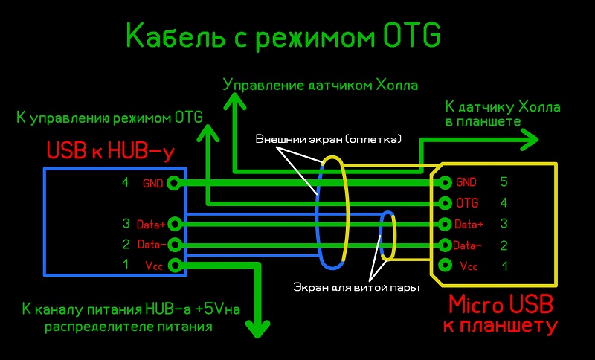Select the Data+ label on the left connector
pyautogui.click(x=152, y=223)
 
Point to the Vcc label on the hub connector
pyautogui.click(x=154, y=265)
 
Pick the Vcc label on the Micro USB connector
pyautogui.click(x=469, y=266)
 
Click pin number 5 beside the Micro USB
pyautogui.click(x=504, y=181)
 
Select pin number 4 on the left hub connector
pyautogui.click(x=126, y=182)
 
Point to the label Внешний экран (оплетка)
pyautogui.click(x=328, y=139)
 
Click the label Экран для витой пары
pyautogui.click(x=356, y=286)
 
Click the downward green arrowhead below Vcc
pyautogui.click(x=260, y=328)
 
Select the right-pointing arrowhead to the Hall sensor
pyautogui.click(x=529, y=138)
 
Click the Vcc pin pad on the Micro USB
pyautogui.click(x=446, y=266)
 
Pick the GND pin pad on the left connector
pyautogui.click(x=174, y=182)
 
